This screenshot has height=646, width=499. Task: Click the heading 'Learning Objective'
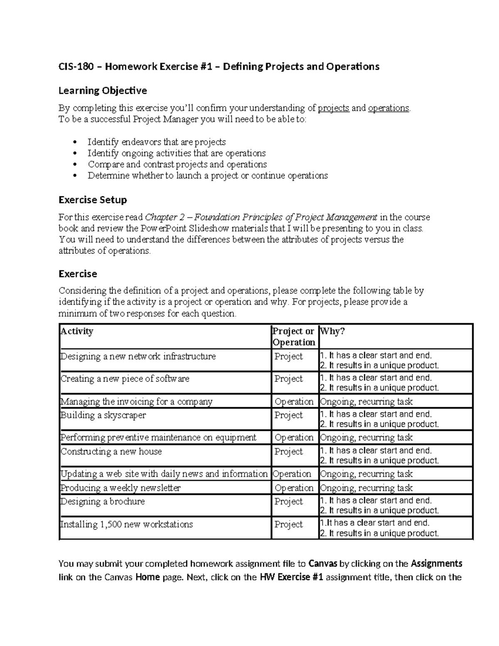[103, 90]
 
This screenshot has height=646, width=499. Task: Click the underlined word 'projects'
[333, 108]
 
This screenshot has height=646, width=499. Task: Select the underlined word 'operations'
[389, 108]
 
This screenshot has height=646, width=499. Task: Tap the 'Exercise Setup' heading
[93, 200]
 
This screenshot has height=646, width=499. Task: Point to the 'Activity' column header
[77, 331]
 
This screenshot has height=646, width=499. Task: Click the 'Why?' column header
[333, 331]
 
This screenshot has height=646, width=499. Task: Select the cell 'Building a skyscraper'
[104, 415]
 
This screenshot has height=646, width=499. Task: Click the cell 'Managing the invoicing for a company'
[136, 401]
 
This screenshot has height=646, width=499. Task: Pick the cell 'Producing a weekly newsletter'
[121, 488]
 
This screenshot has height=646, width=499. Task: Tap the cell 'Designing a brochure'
[103, 501]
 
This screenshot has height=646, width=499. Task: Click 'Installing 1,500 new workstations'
[127, 524]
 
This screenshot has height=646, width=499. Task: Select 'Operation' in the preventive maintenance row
[294, 437]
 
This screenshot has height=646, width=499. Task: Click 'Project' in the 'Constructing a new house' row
[289, 451]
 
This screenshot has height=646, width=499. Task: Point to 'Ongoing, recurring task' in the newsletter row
[366, 488]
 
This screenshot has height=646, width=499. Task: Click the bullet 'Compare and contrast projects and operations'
[177, 164]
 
